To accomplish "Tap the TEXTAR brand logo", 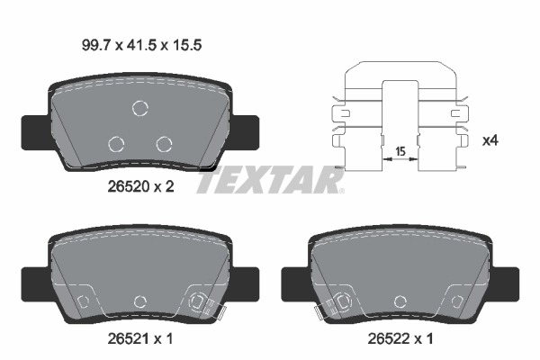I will (270, 181).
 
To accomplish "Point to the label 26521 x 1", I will (139, 339).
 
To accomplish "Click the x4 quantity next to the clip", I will (491, 140).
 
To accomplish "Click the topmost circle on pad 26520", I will (140, 109).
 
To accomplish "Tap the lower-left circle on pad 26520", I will (116, 143).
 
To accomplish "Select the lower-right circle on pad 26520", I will (163, 142).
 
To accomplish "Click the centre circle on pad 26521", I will (139, 301).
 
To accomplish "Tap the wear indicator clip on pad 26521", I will (203, 304).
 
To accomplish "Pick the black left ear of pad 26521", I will (34, 283).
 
